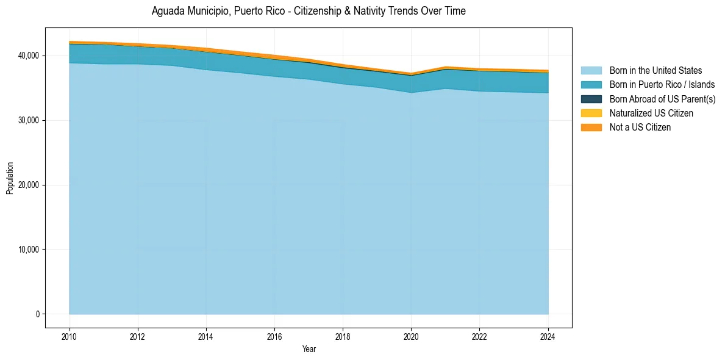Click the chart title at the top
[x=309, y=11]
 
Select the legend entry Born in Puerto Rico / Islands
[x=662, y=85]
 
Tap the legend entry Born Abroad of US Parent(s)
[x=662, y=99]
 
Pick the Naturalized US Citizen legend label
[x=651, y=113]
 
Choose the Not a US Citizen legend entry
[x=640, y=127]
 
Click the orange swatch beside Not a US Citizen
[x=591, y=127]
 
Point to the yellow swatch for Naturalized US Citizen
[x=591, y=113]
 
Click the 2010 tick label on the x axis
[x=70, y=336]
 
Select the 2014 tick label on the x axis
[x=206, y=336]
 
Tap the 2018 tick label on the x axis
[x=343, y=336]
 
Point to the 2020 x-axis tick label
[x=411, y=336]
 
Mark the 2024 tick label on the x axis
[x=548, y=336]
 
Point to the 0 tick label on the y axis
[x=37, y=314]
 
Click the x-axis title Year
[x=309, y=349]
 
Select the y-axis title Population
[x=10, y=178]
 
